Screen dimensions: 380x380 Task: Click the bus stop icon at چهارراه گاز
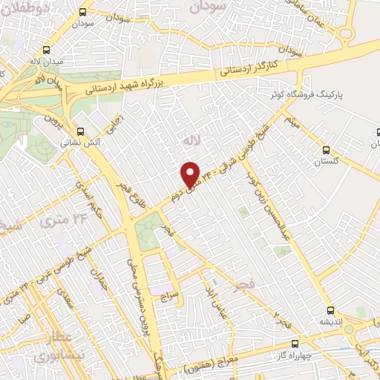click(295, 344)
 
